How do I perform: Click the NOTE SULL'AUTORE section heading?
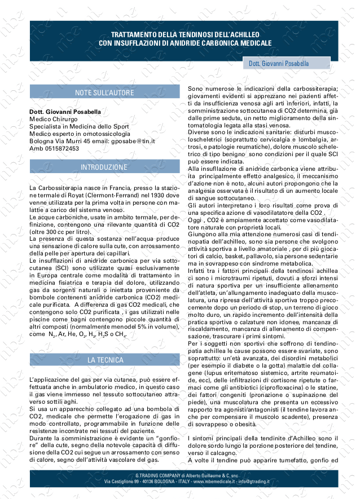[x=104, y=92]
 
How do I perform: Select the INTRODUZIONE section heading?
[x=104, y=167]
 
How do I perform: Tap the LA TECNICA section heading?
[x=104, y=359]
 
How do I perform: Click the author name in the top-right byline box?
[x=279, y=64]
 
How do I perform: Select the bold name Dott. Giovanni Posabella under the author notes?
[x=65, y=112]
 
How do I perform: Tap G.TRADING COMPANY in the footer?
[x=150, y=476]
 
